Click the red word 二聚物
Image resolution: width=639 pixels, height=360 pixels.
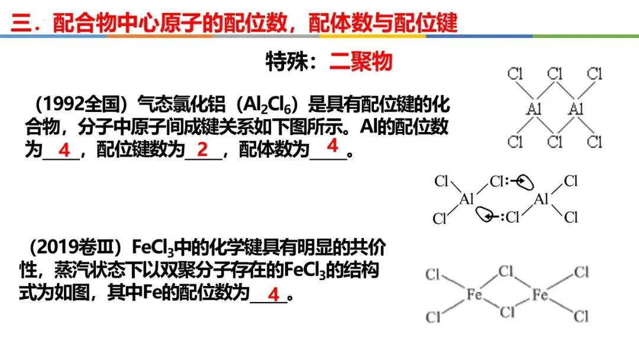point(361,62)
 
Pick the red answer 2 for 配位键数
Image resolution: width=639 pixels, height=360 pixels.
point(203,150)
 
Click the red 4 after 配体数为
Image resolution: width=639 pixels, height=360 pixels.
point(333,145)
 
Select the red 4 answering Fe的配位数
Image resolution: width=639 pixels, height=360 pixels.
point(273,294)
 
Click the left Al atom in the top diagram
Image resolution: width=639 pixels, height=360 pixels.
point(534,108)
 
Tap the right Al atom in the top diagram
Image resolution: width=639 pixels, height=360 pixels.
point(576,108)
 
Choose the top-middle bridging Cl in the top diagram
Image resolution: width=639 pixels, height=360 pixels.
point(555,75)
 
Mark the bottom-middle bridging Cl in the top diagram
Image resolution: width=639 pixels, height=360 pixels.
point(555,142)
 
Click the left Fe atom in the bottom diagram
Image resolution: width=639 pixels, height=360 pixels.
point(474,294)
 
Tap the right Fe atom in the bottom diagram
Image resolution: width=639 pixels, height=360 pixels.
point(540,294)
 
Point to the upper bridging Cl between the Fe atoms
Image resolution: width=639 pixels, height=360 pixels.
point(506,272)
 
